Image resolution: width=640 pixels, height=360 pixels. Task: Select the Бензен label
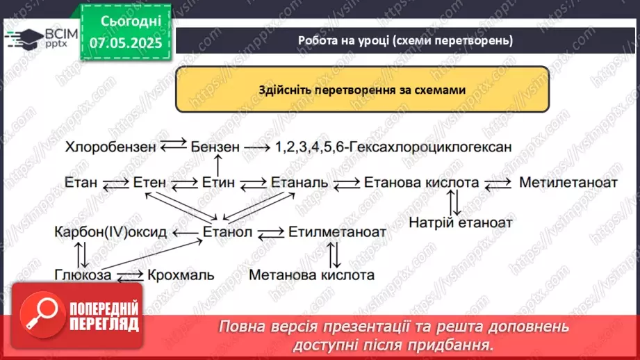coord(215,147)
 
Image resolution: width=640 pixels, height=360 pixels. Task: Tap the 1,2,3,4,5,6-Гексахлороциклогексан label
coord(393,147)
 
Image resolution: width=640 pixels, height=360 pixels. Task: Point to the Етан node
coord(80,183)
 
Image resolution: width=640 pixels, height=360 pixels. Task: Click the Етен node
coord(149,183)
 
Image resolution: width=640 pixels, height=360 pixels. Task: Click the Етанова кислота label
coord(421,183)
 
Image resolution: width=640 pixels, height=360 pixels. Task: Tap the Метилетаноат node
coord(568,183)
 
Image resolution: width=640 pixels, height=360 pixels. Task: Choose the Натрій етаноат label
coord(460,223)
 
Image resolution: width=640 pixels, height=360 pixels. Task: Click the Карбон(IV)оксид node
coord(110,231)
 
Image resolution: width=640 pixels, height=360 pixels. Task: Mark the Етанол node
coord(227,231)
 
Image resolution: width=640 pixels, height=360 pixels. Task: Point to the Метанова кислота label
coord(311,275)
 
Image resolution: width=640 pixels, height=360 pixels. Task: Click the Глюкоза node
coord(83,275)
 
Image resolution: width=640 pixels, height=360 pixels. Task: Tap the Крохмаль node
coord(181,275)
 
